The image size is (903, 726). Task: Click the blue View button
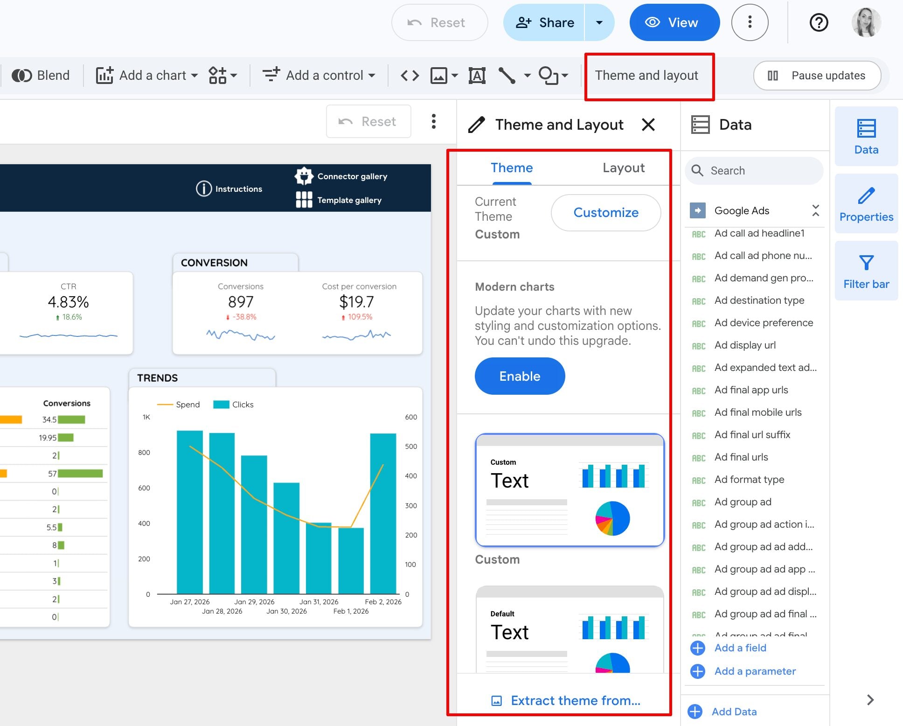click(674, 22)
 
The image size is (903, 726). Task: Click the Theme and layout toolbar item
click(646, 75)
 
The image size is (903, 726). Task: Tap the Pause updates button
click(817, 76)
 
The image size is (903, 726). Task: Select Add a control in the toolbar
click(319, 75)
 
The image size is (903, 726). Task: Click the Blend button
click(41, 75)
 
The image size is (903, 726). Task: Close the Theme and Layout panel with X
click(648, 125)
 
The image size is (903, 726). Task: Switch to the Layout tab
click(624, 168)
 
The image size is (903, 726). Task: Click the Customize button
click(606, 213)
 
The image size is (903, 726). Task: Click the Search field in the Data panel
click(754, 171)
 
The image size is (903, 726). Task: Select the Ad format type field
click(749, 480)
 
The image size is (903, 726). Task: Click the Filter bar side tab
click(866, 271)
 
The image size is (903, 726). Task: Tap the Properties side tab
click(866, 203)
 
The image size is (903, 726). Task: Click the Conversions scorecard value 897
click(241, 302)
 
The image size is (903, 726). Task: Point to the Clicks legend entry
click(233, 405)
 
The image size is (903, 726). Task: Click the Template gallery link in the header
click(339, 200)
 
